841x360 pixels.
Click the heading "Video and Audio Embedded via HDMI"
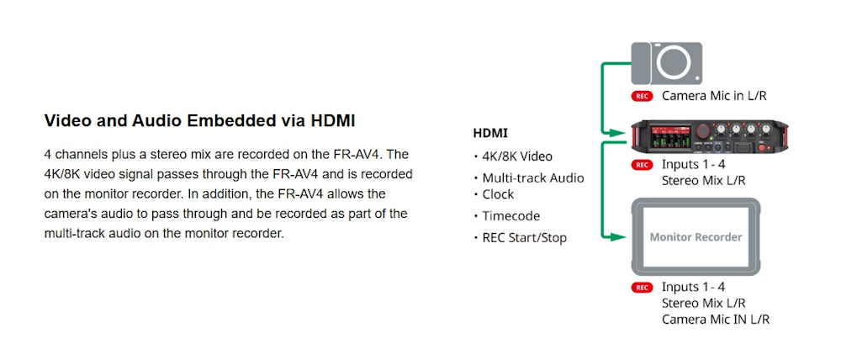point(199,121)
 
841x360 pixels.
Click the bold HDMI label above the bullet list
point(490,133)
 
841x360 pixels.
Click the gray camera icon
point(667,63)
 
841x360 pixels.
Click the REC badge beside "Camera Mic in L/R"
point(642,97)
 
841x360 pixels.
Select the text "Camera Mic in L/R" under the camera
point(714,96)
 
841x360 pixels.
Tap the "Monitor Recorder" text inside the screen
point(696,237)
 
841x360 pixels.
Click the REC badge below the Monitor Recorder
point(642,289)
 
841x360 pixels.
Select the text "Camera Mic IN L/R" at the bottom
point(716,320)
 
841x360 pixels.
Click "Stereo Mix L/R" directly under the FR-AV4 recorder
point(703,181)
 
